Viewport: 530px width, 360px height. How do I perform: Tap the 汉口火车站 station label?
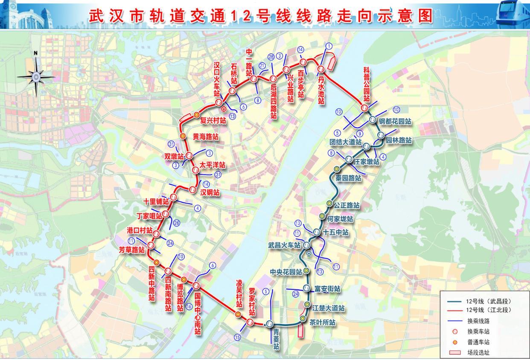click(x=218, y=79)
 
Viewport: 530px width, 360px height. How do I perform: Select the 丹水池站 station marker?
click(x=321, y=69)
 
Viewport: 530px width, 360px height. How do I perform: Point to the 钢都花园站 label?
click(x=395, y=121)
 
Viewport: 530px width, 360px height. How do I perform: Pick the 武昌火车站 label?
click(x=284, y=246)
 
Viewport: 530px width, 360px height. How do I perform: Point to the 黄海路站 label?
click(x=206, y=137)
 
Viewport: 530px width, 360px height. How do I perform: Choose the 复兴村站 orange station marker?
click(x=196, y=115)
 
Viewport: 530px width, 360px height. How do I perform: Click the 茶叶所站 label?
click(x=322, y=322)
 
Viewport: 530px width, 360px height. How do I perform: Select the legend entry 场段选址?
click(x=478, y=353)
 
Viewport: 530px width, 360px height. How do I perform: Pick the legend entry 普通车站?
click(x=478, y=342)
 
